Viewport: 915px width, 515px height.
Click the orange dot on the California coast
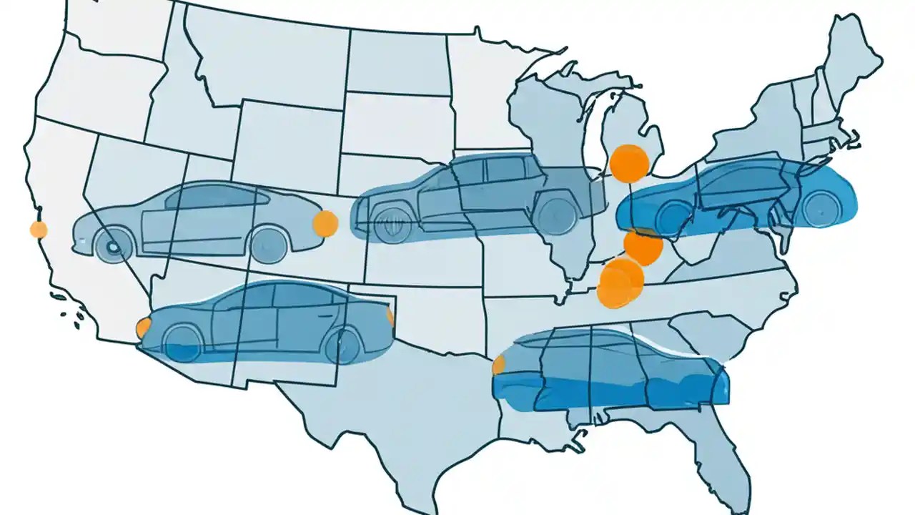pos(39,230)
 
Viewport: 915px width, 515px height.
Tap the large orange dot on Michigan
pos(629,162)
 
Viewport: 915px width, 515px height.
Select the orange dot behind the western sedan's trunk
pos(325,224)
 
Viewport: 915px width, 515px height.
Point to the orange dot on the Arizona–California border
pos(144,328)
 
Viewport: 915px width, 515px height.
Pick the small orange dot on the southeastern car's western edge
pos(499,365)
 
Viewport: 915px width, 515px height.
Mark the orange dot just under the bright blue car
pos(643,246)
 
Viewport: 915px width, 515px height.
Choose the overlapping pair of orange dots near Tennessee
pos(619,283)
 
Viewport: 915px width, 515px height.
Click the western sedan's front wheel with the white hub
pos(113,247)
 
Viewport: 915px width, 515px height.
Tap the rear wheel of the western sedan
pos(270,242)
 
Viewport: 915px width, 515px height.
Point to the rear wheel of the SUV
pos(557,215)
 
